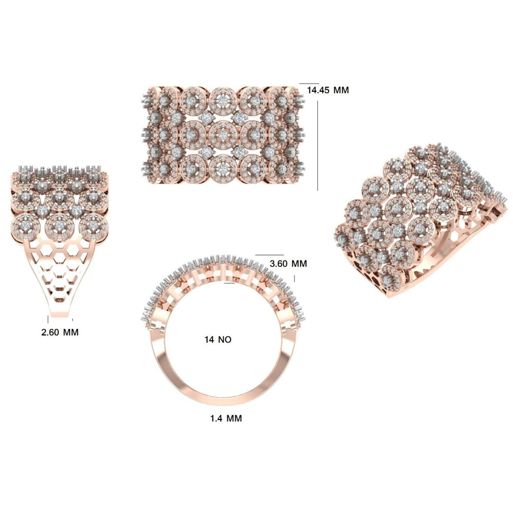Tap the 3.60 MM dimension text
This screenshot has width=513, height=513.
click(x=288, y=263)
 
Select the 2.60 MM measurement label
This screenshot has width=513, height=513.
click(x=60, y=332)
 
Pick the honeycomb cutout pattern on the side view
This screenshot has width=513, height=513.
click(x=59, y=266)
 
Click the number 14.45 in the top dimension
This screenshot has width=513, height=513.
click(x=319, y=90)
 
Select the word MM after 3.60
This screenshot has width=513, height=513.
click(x=300, y=263)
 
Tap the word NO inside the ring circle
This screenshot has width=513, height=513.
click(x=225, y=339)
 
